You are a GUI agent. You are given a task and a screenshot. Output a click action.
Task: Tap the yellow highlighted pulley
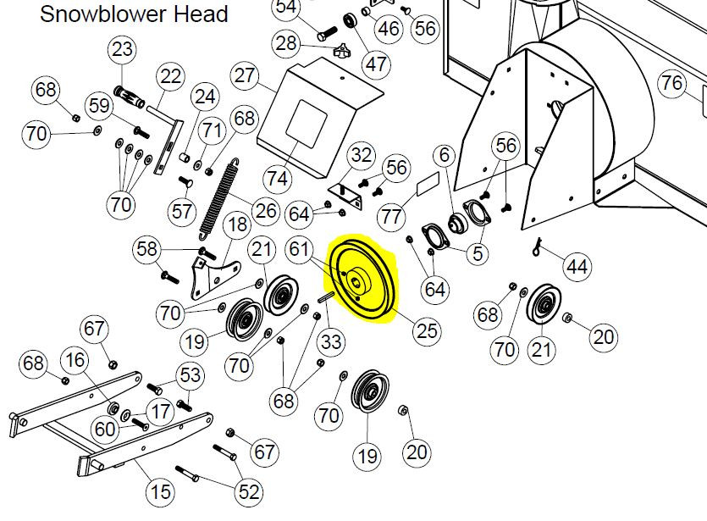(x=365, y=280)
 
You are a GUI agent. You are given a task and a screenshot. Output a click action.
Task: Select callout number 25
(x=427, y=330)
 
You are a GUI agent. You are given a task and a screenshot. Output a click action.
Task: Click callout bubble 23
(x=123, y=50)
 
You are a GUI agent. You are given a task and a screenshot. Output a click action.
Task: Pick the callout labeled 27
(x=245, y=75)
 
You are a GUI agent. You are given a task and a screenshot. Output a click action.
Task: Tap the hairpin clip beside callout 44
(x=539, y=247)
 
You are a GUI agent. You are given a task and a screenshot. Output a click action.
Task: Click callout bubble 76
(x=671, y=83)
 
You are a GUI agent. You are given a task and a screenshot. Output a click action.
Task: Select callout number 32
(x=362, y=155)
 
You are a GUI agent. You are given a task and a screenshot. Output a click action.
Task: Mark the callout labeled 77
(x=391, y=216)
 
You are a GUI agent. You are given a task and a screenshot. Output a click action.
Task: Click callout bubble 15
(x=160, y=491)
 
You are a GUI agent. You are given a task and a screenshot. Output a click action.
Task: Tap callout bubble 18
(x=236, y=224)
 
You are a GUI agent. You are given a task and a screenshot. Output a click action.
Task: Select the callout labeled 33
(x=331, y=342)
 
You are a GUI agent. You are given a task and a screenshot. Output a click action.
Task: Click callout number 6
(x=445, y=156)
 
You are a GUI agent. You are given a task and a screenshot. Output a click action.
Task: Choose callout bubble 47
(x=376, y=63)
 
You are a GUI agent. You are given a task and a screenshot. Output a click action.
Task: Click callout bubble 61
(x=298, y=248)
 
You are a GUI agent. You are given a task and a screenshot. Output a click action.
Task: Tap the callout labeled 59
(x=101, y=107)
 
